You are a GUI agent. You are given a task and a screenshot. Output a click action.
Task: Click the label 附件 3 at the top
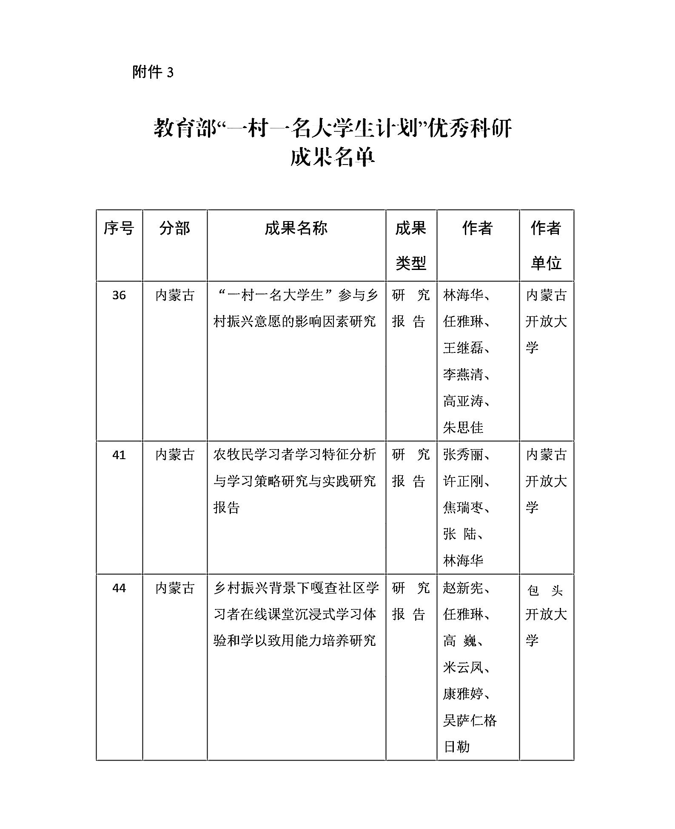coord(153,72)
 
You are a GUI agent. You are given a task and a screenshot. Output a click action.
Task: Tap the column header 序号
coord(119,228)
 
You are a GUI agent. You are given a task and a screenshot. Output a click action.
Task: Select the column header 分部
coord(174,228)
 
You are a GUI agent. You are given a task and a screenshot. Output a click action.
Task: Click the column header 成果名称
coord(296,228)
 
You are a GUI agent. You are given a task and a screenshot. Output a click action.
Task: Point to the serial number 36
coord(119,295)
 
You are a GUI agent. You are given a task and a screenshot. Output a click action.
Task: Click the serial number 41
coord(119,455)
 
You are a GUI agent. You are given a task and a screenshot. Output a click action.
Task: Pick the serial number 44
coord(119,588)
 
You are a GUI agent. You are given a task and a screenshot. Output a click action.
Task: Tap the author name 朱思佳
coord(463,427)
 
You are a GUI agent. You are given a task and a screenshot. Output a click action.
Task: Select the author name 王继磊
coord(463,348)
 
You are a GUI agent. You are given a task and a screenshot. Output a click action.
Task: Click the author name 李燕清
coord(463,375)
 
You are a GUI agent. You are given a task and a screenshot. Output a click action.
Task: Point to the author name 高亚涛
coord(463,401)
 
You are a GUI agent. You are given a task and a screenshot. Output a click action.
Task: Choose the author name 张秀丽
coord(463,455)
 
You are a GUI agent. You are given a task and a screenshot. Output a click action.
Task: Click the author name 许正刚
coord(463,481)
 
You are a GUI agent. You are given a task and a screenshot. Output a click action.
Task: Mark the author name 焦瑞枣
coord(463,508)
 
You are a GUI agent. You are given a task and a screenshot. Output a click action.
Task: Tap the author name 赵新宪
coord(463,588)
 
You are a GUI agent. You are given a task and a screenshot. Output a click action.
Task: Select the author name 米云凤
coord(463,667)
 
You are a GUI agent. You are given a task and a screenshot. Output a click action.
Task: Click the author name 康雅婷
coord(463,694)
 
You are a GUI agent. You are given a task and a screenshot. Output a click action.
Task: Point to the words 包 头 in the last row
coord(545,591)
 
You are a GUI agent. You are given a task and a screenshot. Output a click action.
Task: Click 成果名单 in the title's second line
coord(333,158)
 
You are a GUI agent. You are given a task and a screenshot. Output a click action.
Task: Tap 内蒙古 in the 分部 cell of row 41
coord(174,455)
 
